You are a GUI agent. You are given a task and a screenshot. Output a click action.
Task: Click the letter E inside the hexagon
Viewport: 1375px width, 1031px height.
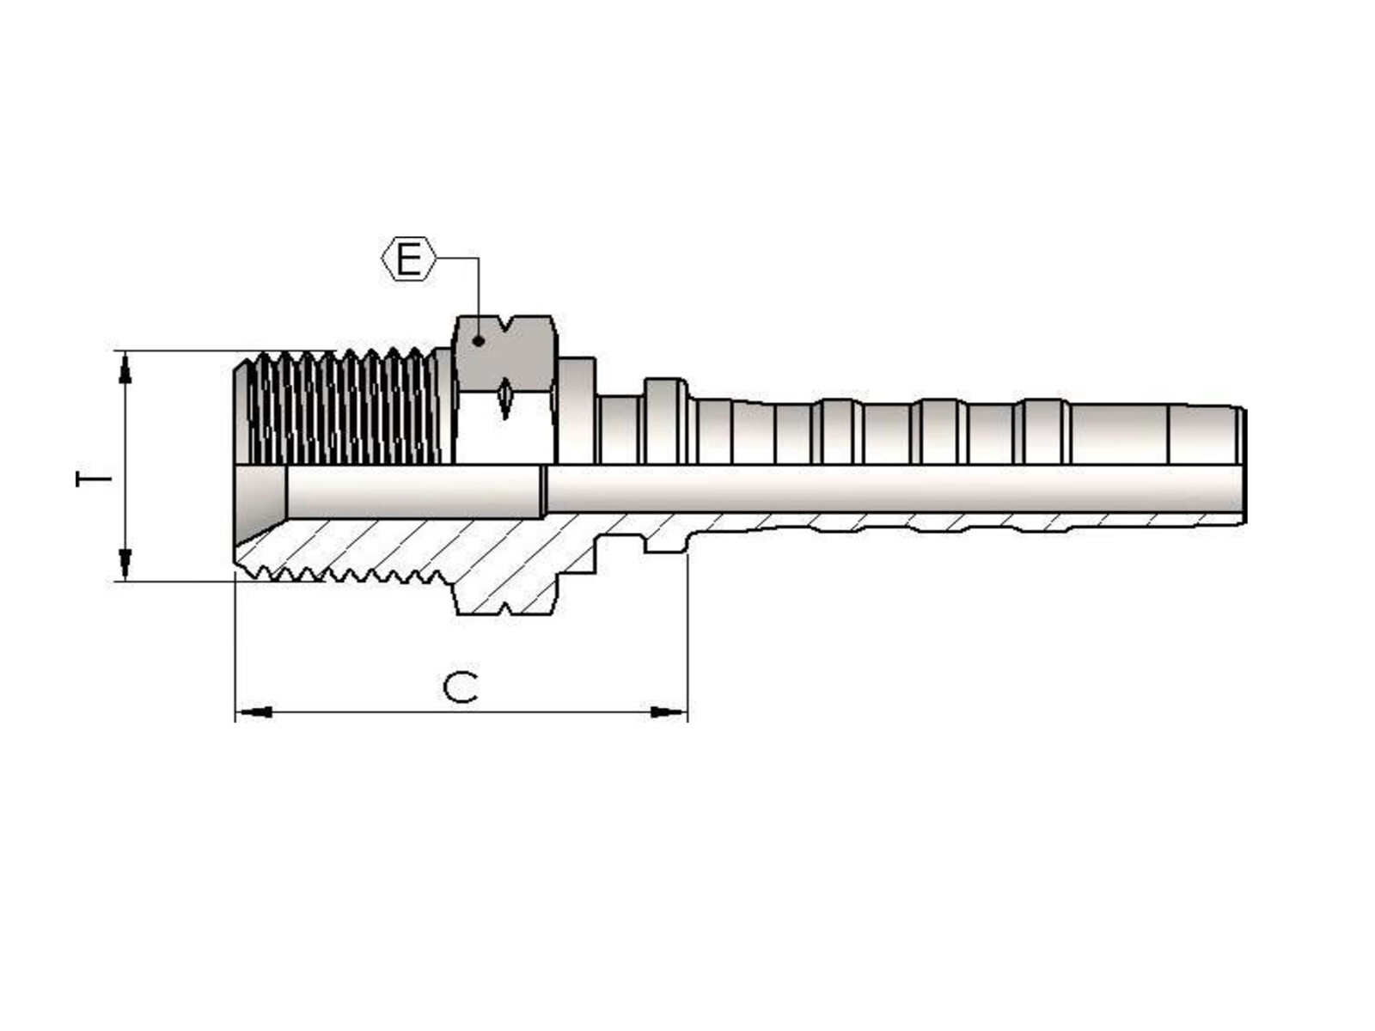408,259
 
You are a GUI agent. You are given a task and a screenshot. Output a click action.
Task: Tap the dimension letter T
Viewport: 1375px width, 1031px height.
94,479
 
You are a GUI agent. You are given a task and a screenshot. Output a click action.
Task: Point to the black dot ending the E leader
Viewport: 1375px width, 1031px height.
478,341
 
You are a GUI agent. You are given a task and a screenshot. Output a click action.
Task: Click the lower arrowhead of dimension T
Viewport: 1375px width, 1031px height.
125,564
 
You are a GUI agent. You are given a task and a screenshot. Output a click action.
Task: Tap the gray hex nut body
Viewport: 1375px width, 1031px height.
504,354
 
